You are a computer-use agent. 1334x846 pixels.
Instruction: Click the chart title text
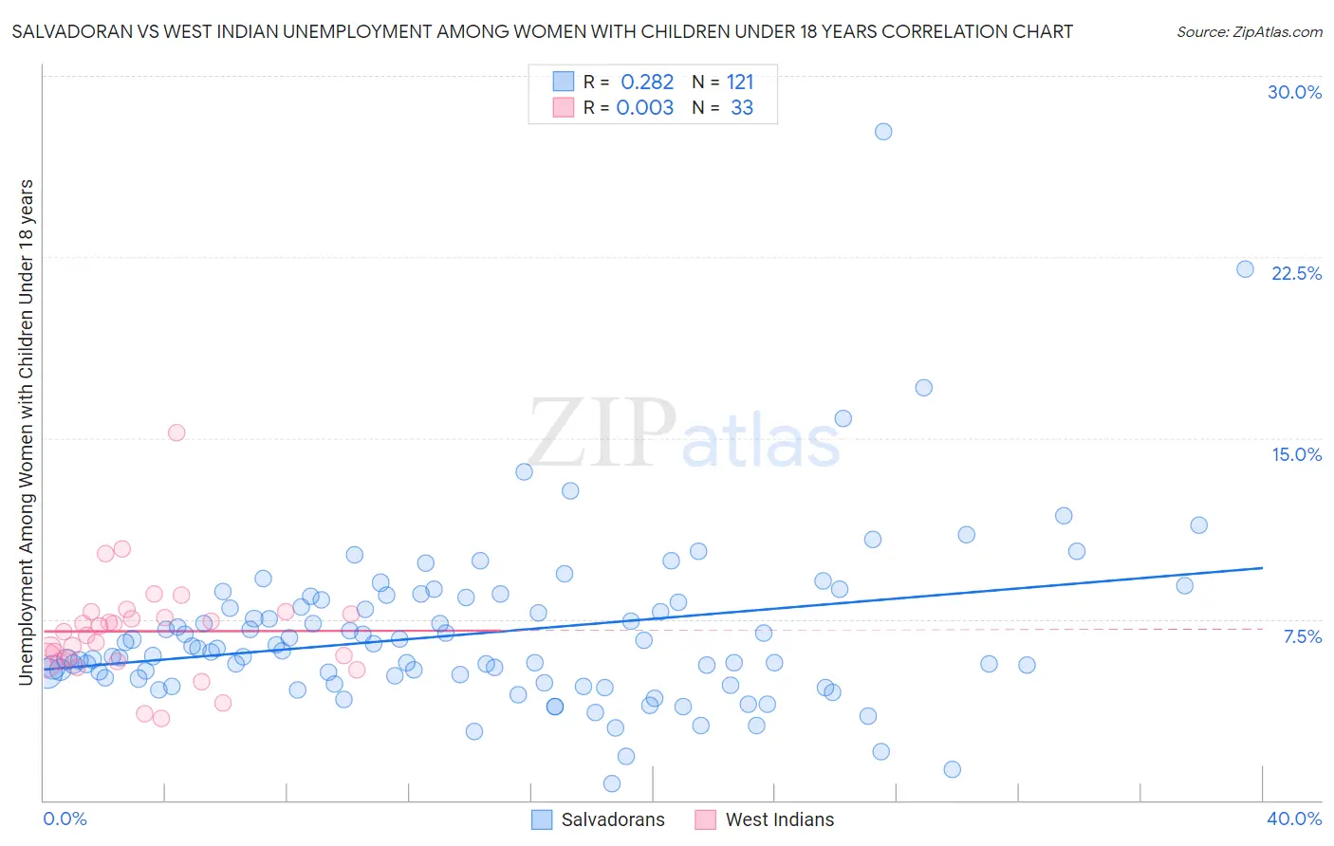(542, 31)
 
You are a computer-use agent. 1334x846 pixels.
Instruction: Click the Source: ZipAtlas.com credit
(1249, 31)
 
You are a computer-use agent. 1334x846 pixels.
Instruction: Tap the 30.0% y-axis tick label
(1294, 92)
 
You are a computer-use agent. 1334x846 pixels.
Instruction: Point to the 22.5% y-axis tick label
(1296, 273)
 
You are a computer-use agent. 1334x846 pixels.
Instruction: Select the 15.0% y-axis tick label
(1296, 454)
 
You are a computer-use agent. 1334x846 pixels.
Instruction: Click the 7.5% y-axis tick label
(1302, 636)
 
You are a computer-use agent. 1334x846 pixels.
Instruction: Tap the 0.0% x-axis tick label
(65, 818)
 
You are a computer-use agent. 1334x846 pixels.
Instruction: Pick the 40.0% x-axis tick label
(1293, 818)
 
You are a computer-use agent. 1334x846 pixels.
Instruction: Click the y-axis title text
(26, 432)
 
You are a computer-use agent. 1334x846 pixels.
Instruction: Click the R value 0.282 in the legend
(647, 83)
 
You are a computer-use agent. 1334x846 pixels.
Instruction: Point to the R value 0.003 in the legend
(645, 108)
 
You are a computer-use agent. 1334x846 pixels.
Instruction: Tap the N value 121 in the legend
(740, 83)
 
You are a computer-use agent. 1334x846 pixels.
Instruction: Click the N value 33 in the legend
(742, 108)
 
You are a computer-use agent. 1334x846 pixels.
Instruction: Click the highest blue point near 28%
(883, 132)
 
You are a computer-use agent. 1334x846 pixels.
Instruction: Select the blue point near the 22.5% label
(1246, 269)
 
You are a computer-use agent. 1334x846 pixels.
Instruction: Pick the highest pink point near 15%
(176, 432)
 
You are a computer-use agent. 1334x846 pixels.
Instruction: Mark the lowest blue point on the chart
(612, 783)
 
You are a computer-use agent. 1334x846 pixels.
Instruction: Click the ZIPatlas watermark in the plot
(683, 434)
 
